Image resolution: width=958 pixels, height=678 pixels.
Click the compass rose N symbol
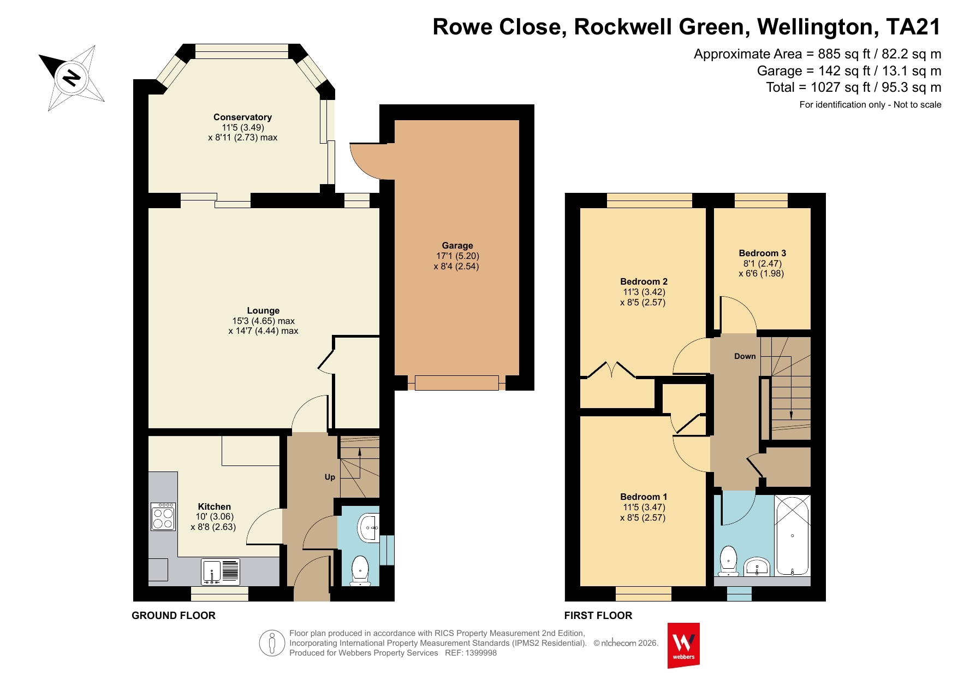click(71, 78)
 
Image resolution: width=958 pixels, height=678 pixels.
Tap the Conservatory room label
click(242, 117)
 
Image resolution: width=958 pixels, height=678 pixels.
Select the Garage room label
click(457, 245)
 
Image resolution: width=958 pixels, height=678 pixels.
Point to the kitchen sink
click(220, 571)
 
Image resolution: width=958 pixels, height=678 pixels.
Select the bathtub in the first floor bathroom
click(792, 535)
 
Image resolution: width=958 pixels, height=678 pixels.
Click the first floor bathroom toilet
click(728, 561)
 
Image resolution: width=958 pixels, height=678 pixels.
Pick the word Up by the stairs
click(330, 477)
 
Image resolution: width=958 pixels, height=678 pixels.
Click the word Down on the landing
click(745, 356)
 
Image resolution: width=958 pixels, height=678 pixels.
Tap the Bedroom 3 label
click(762, 253)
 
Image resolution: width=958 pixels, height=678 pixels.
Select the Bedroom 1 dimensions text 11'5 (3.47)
click(644, 507)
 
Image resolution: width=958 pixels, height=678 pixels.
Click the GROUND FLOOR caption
click(174, 615)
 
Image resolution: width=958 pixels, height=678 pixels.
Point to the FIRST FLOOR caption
click(598, 615)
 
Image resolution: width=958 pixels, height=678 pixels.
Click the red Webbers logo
click(683, 645)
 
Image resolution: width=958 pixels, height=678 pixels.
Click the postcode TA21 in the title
click(913, 27)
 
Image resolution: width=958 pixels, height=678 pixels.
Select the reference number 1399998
click(480, 653)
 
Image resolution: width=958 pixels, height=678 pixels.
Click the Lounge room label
click(263, 310)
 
